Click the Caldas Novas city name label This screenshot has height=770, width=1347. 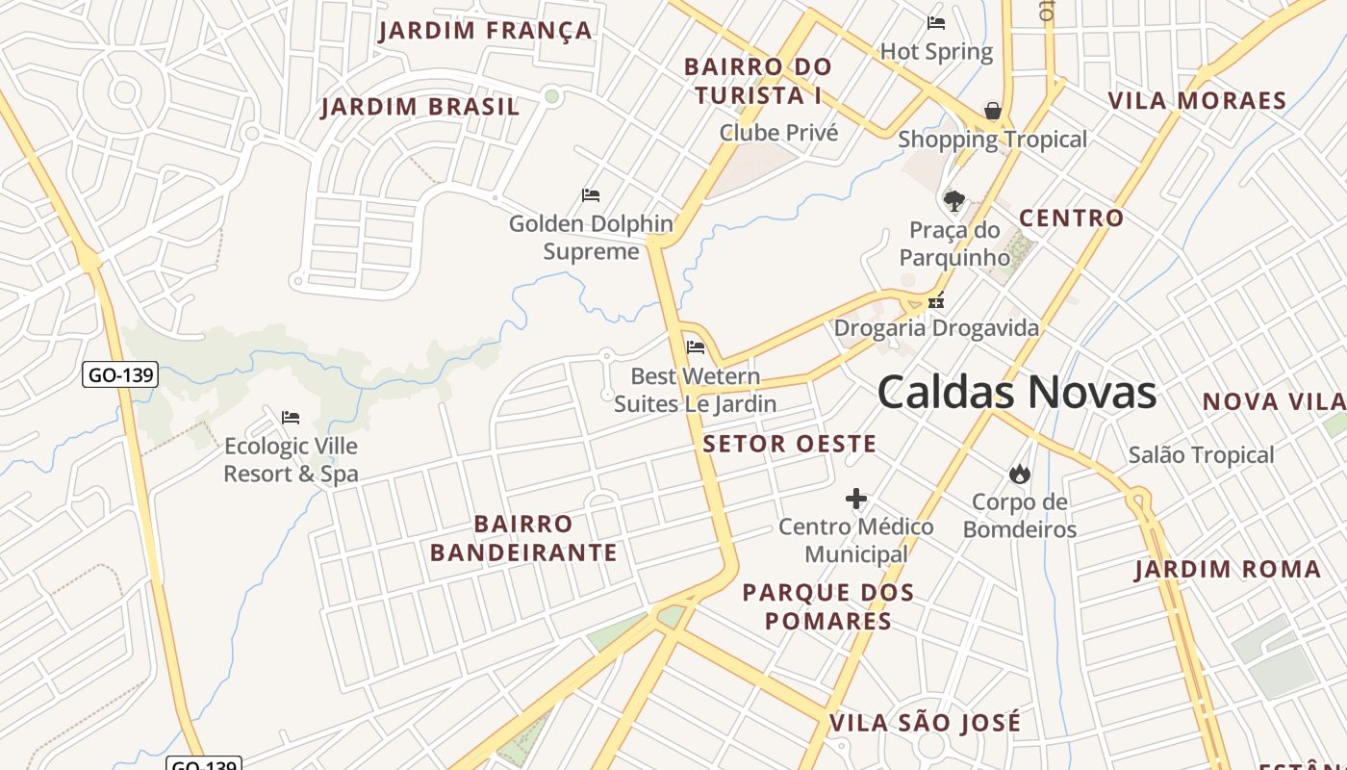[x=1016, y=393]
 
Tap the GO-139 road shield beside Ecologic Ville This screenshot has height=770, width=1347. [x=120, y=374]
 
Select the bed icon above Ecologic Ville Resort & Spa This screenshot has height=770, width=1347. [x=291, y=418]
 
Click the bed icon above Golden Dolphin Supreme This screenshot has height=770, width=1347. [x=591, y=195]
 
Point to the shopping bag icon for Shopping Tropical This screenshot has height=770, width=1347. [x=993, y=112]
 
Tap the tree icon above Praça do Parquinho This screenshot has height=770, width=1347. [x=953, y=201]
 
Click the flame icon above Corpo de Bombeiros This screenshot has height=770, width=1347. [x=1020, y=474]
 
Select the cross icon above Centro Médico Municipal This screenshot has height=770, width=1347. [x=856, y=499]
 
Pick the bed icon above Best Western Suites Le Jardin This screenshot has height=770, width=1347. [x=696, y=347]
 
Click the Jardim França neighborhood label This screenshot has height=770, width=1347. [x=485, y=31]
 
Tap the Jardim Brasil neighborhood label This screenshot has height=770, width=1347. [x=420, y=107]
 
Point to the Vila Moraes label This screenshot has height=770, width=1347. [x=1197, y=101]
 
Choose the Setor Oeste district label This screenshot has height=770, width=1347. [x=789, y=444]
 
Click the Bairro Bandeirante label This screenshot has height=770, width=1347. [x=523, y=538]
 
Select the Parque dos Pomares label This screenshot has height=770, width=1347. [x=828, y=606]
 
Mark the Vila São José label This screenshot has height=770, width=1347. [x=925, y=723]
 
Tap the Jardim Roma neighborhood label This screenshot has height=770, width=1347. [x=1228, y=569]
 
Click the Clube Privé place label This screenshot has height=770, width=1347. [x=778, y=133]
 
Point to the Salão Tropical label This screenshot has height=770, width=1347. [x=1201, y=454]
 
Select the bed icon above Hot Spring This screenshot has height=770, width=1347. [x=936, y=23]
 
